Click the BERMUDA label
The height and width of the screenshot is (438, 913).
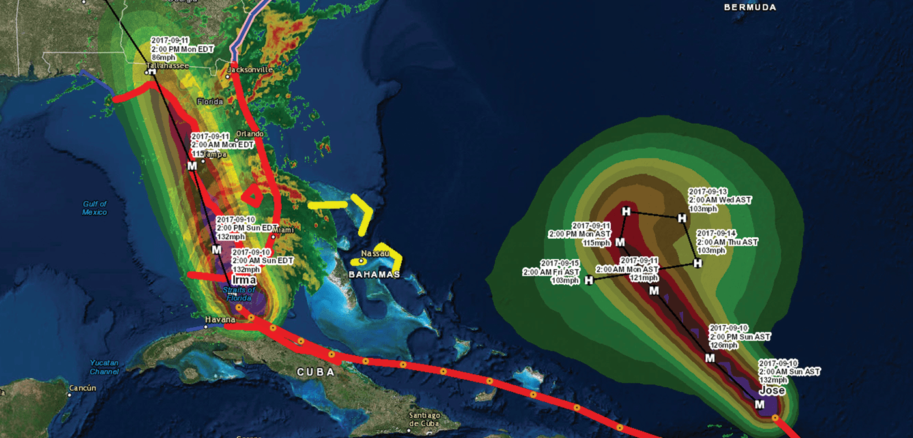coord(750,7)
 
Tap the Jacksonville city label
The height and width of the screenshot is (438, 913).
coord(250,69)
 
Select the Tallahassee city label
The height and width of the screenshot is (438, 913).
coord(167,66)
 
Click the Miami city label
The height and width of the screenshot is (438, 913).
coord(283,230)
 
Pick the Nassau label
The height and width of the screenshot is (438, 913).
coord(375,253)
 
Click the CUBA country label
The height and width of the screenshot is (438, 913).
coord(315,372)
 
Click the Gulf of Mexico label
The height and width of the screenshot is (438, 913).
coord(94,208)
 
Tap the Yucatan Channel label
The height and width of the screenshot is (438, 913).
coord(105,367)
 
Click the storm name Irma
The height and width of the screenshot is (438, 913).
coord(238,280)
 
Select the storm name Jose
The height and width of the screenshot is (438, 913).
coord(772,390)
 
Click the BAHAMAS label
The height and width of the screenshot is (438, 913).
coord(374,274)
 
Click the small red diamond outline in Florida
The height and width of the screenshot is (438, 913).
coord(252,194)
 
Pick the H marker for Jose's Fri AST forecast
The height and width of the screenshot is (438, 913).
coord(589,280)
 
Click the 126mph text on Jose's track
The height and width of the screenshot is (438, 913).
coord(722,345)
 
